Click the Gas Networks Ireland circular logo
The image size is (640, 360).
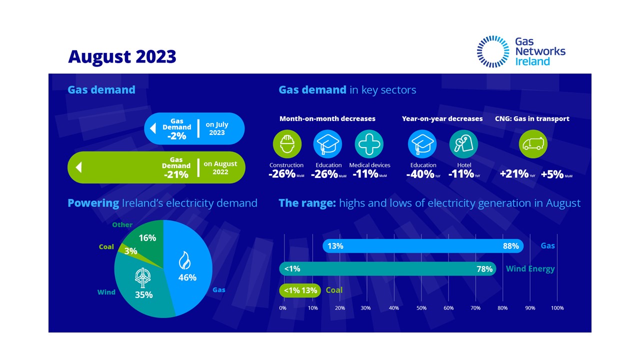coord(493,51)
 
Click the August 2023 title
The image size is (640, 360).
coord(122,56)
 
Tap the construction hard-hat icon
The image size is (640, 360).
coord(287,144)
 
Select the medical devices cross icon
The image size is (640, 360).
coord(369,144)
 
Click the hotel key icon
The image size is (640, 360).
coord(463,144)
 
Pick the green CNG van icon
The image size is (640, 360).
coord(533,144)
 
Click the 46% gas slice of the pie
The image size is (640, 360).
coord(192,280)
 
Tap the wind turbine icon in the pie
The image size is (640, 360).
coord(142,276)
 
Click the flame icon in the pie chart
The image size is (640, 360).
coord(184,260)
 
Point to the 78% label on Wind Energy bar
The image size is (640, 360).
coord(484,269)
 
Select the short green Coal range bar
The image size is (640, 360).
coord(300,290)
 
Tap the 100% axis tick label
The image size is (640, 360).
coord(557,308)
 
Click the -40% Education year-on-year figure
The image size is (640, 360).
coord(420,174)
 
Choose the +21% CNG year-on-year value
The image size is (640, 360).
coord(514,174)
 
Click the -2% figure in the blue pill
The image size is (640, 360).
coord(176,136)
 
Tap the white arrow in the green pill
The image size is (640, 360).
coord(78,167)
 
